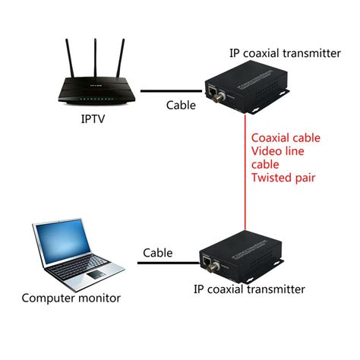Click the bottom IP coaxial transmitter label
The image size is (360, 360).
pyautogui.click(x=248, y=289)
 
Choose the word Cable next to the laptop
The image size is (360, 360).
pyautogui.click(x=158, y=252)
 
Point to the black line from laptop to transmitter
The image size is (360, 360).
pyautogui.click(x=167, y=263)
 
